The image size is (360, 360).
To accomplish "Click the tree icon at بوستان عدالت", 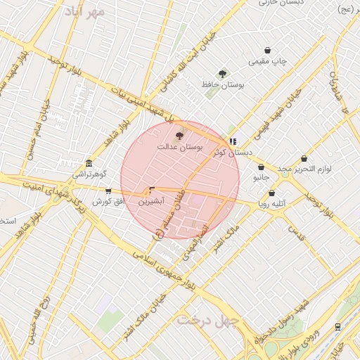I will (x=180, y=136).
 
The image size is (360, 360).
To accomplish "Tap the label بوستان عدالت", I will (x=179, y=148).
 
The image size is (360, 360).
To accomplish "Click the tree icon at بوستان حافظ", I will (x=223, y=74).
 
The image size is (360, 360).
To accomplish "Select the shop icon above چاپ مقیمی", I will (x=268, y=50).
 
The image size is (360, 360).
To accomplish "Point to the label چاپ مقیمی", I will (x=270, y=62).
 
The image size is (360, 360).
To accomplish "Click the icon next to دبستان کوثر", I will (x=233, y=141).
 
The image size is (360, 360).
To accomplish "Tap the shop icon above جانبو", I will (x=262, y=167).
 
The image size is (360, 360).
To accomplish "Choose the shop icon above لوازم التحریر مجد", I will (x=304, y=159).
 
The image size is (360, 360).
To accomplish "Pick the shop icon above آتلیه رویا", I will (x=271, y=193).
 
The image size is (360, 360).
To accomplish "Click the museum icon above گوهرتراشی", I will (x=88, y=162).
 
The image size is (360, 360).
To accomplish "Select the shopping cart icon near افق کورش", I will (x=108, y=191).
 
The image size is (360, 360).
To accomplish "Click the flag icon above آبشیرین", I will (x=152, y=190).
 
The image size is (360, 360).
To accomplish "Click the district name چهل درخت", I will (x=208, y=320).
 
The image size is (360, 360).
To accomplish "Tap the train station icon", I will (x=338, y=326).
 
